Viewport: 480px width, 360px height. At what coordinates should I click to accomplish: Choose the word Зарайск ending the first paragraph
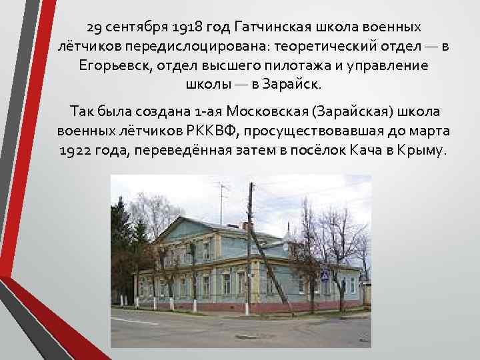295,85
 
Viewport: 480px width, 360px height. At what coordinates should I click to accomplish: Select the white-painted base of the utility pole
248,308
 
